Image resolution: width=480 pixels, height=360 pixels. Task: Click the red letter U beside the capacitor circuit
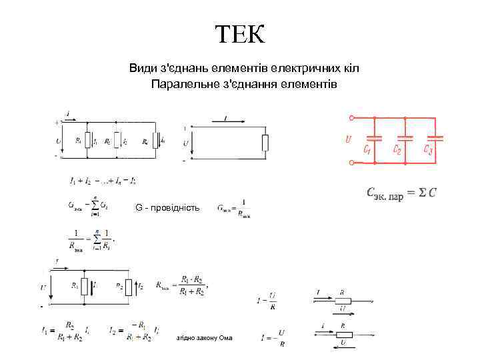click(x=348, y=139)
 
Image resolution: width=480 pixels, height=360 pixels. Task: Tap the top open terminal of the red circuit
click(x=351, y=118)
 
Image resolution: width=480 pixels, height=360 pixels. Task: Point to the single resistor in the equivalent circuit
click(x=265, y=142)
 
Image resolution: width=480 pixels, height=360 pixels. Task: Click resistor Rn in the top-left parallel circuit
click(x=155, y=141)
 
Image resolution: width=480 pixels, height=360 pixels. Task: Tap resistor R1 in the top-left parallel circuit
click(x=87, y=141)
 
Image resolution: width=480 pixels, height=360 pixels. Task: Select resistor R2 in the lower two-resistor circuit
click(x=129, y=287)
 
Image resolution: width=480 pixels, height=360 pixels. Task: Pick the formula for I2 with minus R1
click(x=133, y=331)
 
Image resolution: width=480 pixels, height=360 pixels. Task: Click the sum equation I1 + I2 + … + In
click(x=103, y=180)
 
